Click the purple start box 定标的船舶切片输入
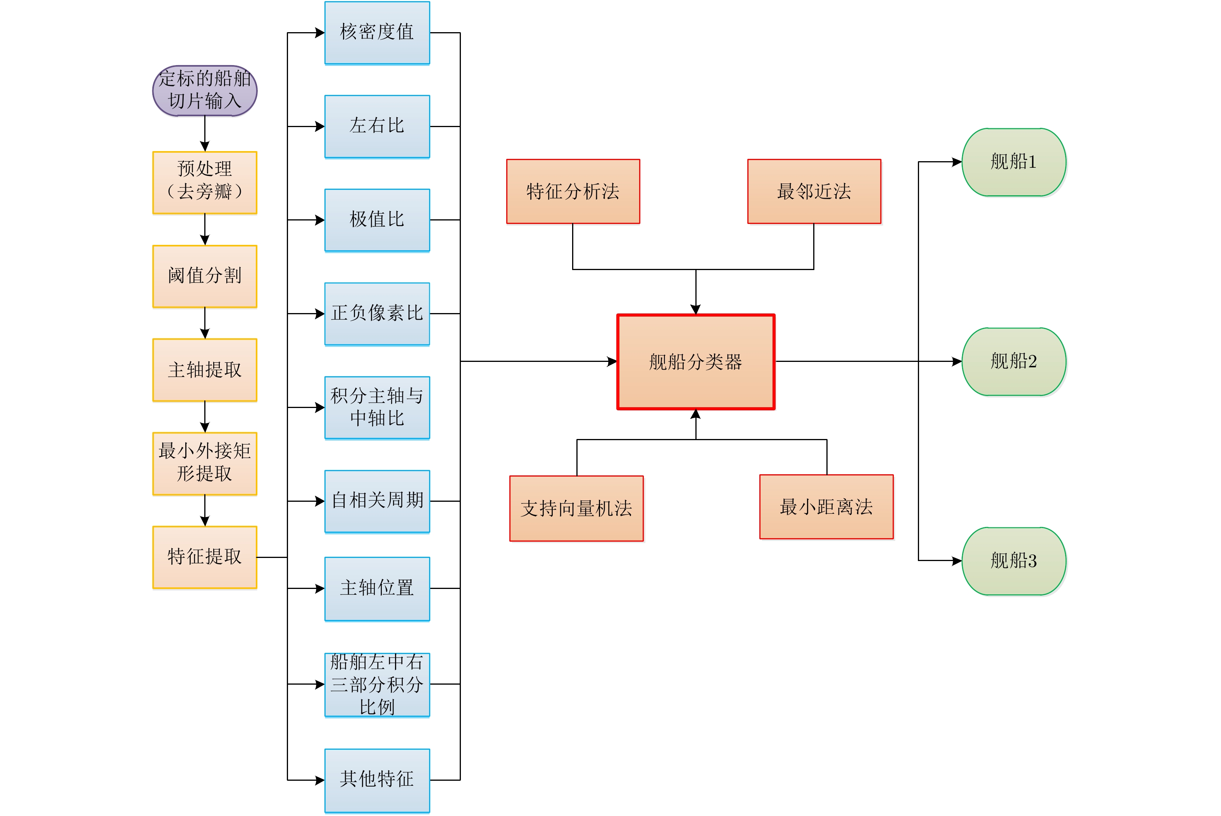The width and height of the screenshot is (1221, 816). (x=205, y=90)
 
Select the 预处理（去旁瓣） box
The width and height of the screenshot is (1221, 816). (x=205, y=182)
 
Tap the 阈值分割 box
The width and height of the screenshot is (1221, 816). (x=205, y=276)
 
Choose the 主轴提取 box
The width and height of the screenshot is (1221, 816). (x=205, y=370)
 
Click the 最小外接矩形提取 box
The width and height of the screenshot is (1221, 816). (x=205, y=463)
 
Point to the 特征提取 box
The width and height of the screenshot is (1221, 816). (x=205, y=557)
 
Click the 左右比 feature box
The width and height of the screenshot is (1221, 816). (x=377, y=126)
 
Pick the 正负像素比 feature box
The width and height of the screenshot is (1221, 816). (x=377, y=313)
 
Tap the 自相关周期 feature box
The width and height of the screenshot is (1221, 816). (x=377, y=501)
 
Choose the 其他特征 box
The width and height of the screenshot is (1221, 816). (x=377, y=780)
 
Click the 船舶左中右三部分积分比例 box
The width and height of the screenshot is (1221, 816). (x=377, y=684)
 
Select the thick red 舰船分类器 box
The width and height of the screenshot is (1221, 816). (x=695, y=362)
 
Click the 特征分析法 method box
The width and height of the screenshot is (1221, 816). (x=573, y=191)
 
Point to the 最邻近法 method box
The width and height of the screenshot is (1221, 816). (x=814, y=191)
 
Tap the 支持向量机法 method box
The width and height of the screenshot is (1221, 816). (x=576, y=508)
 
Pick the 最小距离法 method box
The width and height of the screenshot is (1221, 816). (x=826, y=506)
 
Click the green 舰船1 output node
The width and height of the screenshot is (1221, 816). (x=1013, y=162)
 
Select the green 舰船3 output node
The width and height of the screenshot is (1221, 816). (x=1013, y=561)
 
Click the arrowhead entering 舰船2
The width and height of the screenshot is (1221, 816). (x=957, y=361)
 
